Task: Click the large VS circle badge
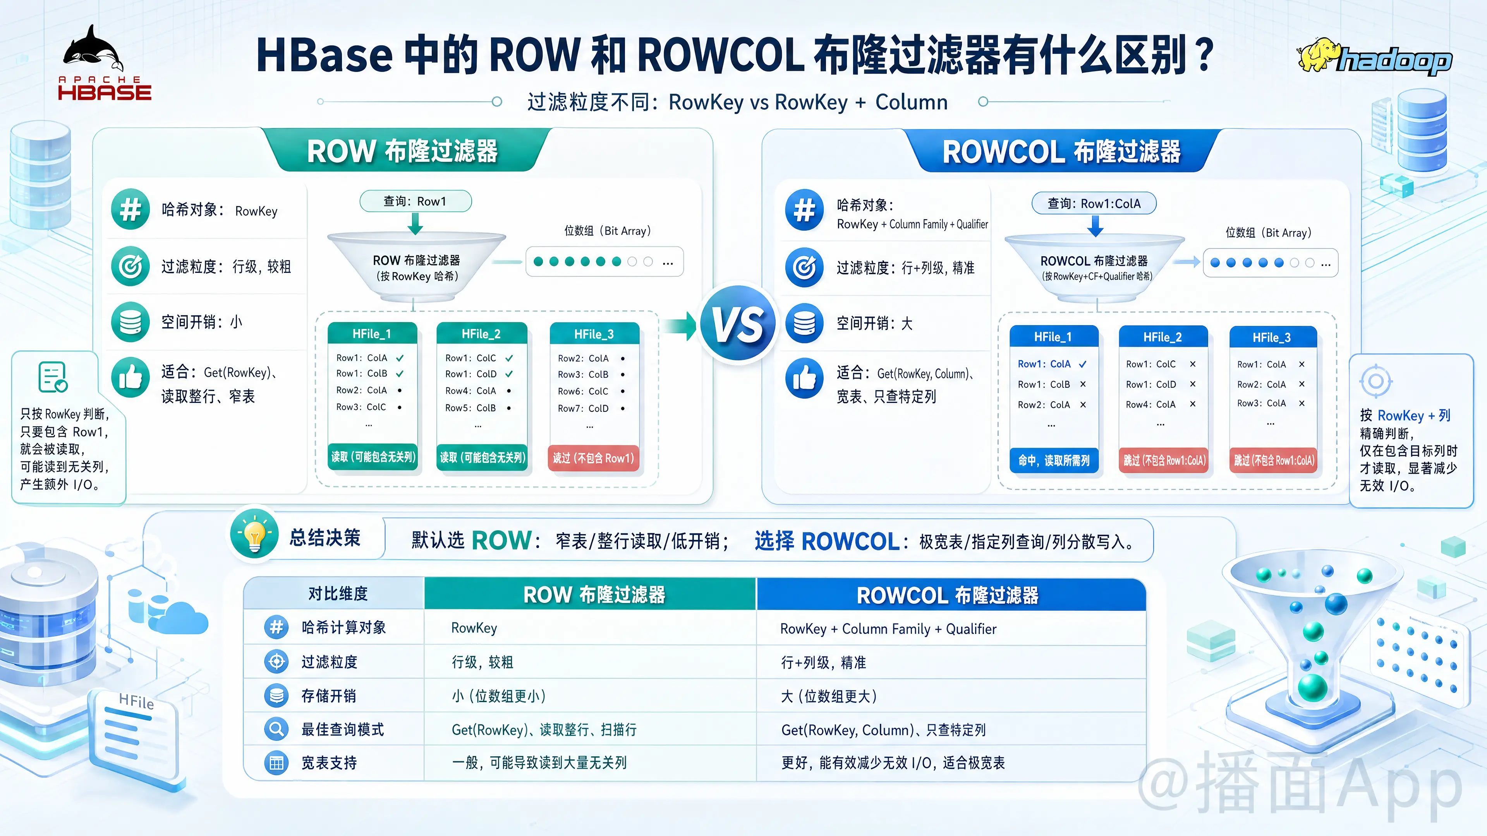click(x=738, y=324)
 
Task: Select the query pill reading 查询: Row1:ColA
click(x=1094, y=204)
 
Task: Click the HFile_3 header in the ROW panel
click(x=594, y=334)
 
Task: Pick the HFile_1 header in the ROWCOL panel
click(x=1053, y=337)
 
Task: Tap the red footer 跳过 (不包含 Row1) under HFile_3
click(x=593, y=458)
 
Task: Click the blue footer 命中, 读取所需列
click(x=1053, y=461)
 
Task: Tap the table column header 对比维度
click(x=338, y=594)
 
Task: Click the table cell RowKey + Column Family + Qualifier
click(x=888, y=629)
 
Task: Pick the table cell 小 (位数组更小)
click(x=499, y=696)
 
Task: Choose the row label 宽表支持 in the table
click(x=329, y=763)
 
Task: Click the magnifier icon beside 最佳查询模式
click(x=276, y=729)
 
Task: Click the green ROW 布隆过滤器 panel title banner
click(x=403, y=151)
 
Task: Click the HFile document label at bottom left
click(x=136, y=702)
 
